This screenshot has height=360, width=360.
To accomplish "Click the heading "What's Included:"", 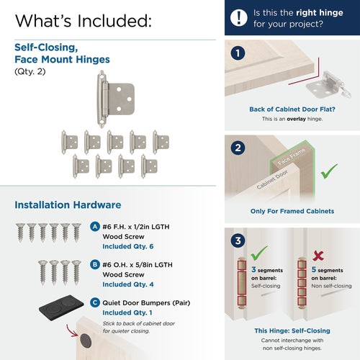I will [x=83, y=20].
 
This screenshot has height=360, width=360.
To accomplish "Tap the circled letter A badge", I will [x=95, y=226].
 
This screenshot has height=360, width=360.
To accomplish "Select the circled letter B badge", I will [x=95, y=265].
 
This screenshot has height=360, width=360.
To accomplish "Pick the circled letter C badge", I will [x=95, y=303].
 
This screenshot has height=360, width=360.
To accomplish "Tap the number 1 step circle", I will [x=239, y=53].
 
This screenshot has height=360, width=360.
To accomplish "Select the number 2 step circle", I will [x=239, y=148].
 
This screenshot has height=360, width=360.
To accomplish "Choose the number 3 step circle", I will [x=239, y=240].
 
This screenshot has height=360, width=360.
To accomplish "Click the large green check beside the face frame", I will [x=328, y=171].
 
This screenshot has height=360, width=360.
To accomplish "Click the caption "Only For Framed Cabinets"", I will [x=292, y=212].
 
